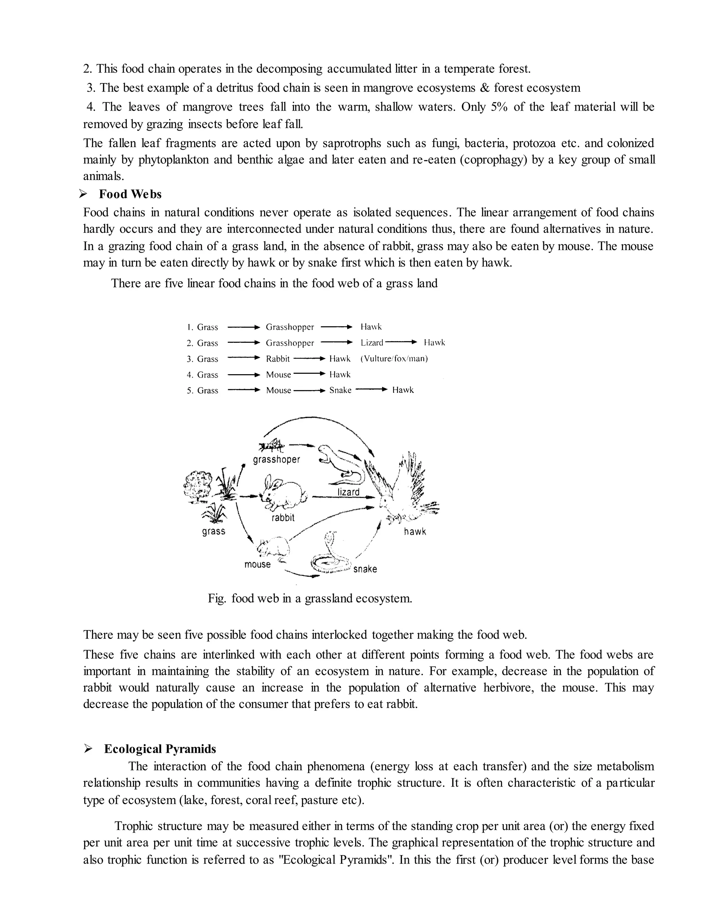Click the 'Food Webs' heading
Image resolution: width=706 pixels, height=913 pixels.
130,194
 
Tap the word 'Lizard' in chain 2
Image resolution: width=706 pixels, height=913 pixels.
372,343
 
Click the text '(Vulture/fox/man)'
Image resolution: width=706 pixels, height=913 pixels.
394,359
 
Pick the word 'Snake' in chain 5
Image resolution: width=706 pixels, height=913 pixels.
340,390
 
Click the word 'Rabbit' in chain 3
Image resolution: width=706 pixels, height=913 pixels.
278,359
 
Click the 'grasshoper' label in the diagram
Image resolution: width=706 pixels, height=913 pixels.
276,460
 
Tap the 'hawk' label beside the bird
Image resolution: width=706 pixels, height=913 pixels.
415,532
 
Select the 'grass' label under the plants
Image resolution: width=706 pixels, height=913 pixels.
214,531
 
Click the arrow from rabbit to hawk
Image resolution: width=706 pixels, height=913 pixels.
343,497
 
